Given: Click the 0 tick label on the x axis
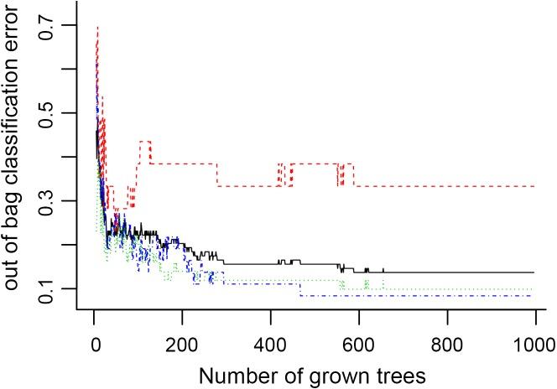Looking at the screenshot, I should pyautogui.click(x=94, y=342).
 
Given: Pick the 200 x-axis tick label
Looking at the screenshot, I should pyautogui.click(x=182, y=342).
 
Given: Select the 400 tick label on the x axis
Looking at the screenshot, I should pyautogui.click(x=270, y=342).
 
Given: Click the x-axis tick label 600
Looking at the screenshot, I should pyautogui.click(x=358, y=342).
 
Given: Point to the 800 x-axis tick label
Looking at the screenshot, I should pyautogui.click(x=446, y=342).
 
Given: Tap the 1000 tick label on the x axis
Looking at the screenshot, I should pyautogui.click(x=534, y=342).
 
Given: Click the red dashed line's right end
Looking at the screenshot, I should pyautogui.click(x=534, y=186).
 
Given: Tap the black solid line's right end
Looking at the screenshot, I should pyautogui.click(x=534, y=272).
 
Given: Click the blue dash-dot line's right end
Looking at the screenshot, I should pyautogui.click(x=534, y=296).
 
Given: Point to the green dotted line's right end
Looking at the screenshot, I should pyautogui.click(x=534, y=290).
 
